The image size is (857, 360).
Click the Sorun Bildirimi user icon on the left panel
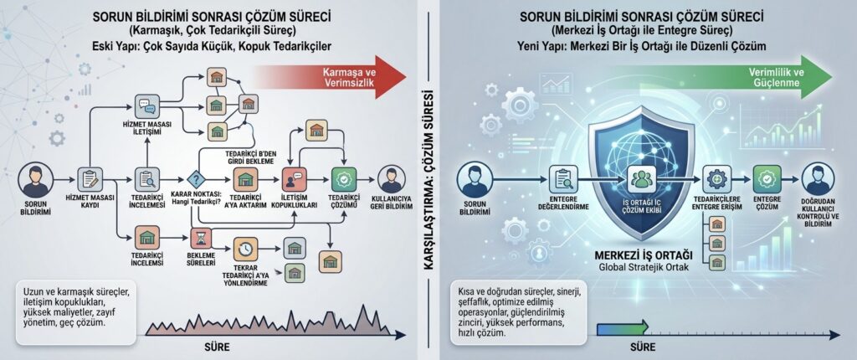[36, 180]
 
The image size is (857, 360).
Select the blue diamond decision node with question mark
[195, 179]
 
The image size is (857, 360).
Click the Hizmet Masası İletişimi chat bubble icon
[147, 105]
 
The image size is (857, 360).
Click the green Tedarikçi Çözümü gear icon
[344, 179]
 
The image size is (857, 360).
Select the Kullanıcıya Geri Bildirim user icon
[392, 179]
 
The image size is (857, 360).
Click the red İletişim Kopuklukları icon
[294, 179]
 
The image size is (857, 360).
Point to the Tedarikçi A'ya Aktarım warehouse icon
[245, 179]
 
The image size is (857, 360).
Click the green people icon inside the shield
[641, 179]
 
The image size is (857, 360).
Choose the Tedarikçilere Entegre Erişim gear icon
[715, 179]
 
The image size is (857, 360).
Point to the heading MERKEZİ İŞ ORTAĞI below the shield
[644, 255]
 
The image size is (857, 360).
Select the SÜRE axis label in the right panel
[643, 347]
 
